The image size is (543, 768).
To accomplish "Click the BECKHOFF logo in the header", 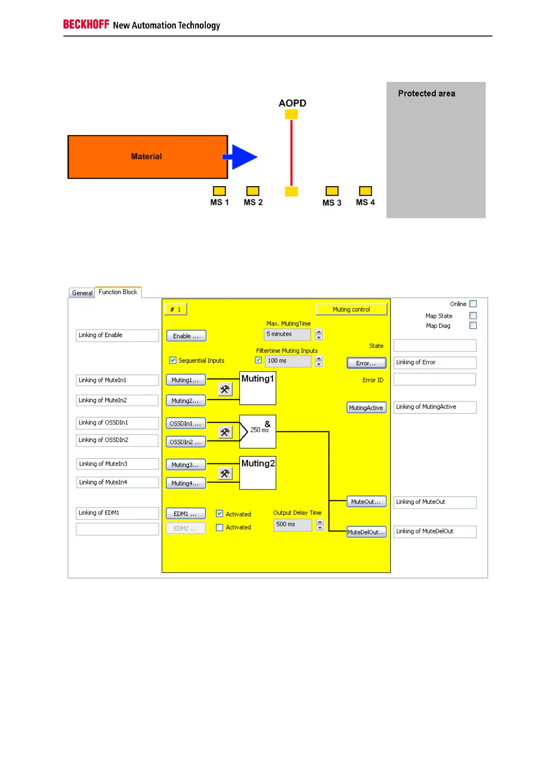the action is tap(86, 24).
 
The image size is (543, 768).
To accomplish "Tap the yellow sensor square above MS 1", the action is tap(219, 191).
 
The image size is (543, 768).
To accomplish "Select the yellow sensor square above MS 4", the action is tap(365, 191).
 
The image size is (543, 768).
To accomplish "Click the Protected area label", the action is tap(426, 93).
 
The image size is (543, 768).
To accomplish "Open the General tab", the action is tap(82, 293).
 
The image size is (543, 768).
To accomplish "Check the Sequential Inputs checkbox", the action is tap(173, 360).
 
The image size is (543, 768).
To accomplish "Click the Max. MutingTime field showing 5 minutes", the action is tap(287, 334).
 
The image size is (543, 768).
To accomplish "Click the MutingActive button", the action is tap(366, 408).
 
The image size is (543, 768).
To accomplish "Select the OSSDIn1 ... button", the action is tap(185, 424).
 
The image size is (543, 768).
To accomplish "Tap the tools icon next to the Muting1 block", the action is tap(225, 389).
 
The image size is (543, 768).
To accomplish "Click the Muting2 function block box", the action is tap(258, 473).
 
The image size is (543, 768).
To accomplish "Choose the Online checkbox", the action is tap(473, 304).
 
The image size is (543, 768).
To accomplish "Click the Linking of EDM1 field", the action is tap(117, 513).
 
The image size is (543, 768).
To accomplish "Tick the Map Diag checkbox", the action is tap(473, 326).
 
